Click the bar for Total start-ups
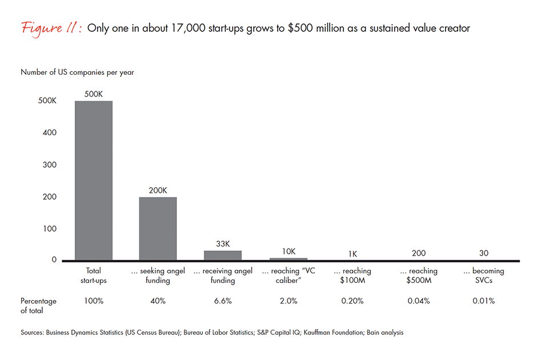point(94,180)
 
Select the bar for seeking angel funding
point(158,228)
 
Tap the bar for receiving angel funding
point(223,255)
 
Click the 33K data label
point(223,244)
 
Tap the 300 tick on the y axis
point(50,165)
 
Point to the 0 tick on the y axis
point(54,260)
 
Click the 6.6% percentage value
point(223,301)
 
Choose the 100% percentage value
point(94,301)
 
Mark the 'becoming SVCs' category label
point(484,276)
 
